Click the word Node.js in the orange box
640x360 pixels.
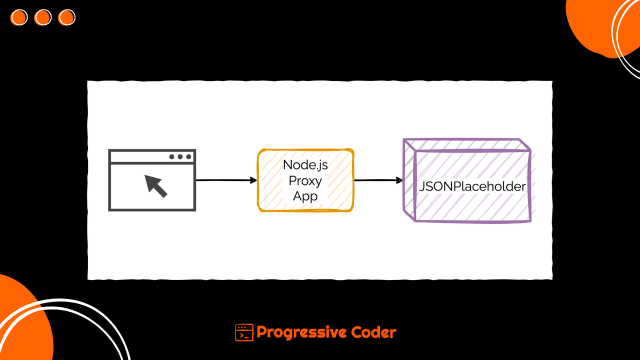[305, 164]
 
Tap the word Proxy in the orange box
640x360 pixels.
[305, 180]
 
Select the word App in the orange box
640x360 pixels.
[305, 196]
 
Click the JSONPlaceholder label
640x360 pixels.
[472, 186]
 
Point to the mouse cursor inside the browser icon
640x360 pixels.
[155, 185]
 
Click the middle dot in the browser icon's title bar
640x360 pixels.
[180, 156]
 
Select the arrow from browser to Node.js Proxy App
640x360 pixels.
[226, 180]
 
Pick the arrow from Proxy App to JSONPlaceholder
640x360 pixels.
[378, 180]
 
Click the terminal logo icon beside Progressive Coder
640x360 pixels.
[244, 332]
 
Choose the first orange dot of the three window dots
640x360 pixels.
[19, 17]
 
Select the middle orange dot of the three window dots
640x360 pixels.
[43, 17]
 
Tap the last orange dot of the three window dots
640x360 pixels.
[66, 17]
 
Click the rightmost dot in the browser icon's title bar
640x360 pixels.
[188, 156]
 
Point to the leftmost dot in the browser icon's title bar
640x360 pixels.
[171, 156]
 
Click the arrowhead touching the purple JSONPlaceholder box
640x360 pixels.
[399, 180]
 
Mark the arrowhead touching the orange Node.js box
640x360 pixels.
[253, 180]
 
